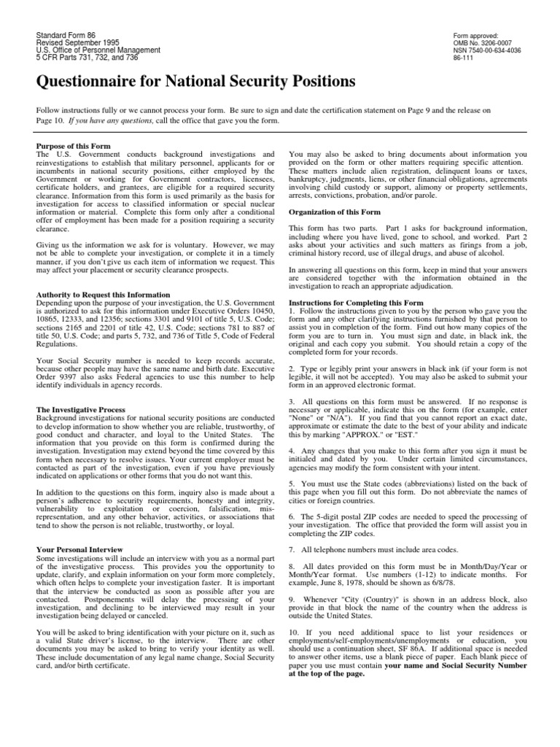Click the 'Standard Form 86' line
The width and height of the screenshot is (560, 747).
coord(67,36)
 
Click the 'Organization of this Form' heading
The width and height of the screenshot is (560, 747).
coord(336,212)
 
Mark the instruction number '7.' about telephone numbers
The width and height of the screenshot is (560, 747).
coord(292,548)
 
